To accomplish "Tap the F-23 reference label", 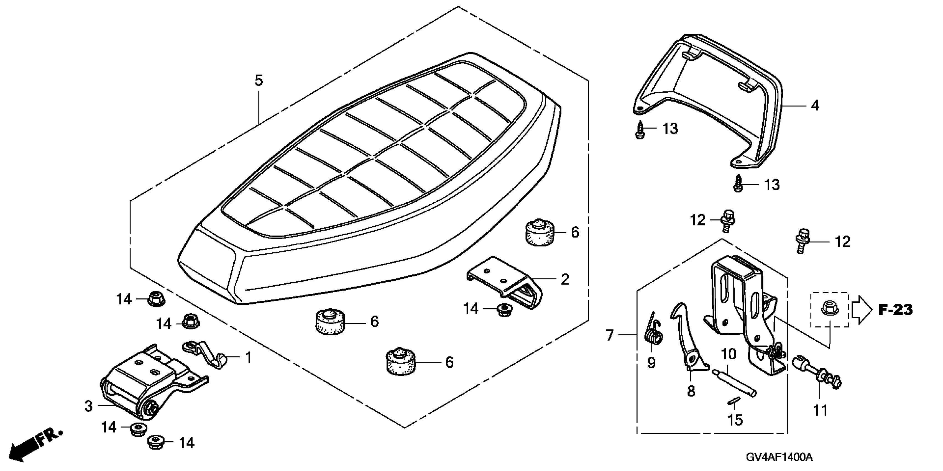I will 895,310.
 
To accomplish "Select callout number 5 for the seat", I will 259,80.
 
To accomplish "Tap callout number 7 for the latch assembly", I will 609,335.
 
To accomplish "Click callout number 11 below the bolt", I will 820,410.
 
